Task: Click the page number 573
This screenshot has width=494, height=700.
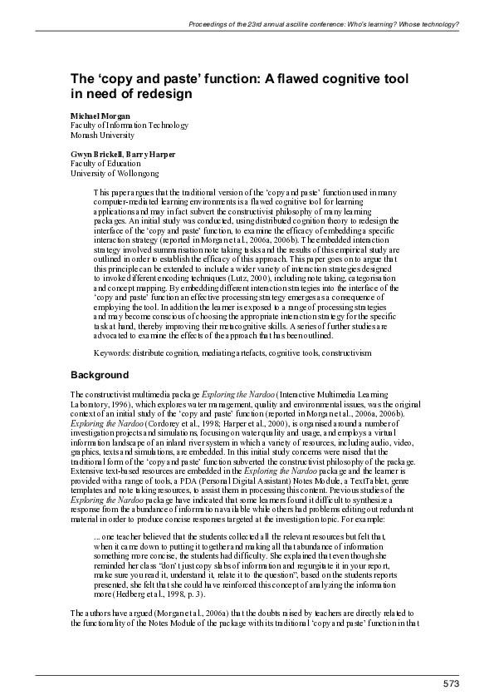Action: pos(450,684)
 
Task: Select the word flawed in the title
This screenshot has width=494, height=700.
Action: pos(282,79)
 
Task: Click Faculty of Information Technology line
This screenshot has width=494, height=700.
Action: pos(130,125)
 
